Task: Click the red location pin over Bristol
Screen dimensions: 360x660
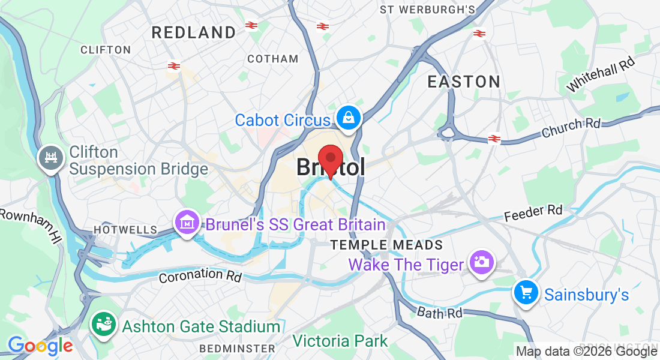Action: (329, 158)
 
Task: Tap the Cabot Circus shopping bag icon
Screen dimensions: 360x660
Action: (348, 118)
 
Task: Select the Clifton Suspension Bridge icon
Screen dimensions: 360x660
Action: (50, 158)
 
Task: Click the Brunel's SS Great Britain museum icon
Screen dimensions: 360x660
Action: (187, 223)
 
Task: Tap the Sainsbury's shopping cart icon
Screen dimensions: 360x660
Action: (526, 293)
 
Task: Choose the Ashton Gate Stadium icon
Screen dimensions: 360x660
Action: (103, 325)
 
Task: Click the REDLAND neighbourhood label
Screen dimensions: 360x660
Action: (194, 32)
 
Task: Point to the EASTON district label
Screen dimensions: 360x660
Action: (464, 82)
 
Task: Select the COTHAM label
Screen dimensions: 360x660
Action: (273, 59)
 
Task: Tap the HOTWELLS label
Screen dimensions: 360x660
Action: (125, 230)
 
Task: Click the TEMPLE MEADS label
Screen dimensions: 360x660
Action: (387, 245)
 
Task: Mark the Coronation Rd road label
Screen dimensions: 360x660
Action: (200, 276)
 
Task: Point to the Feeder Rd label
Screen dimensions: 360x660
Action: (533, 212)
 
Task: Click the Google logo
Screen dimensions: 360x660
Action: (40, 346)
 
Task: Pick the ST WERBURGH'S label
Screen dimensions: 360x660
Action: (428, 10)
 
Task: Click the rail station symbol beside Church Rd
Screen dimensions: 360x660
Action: (494, 139)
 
